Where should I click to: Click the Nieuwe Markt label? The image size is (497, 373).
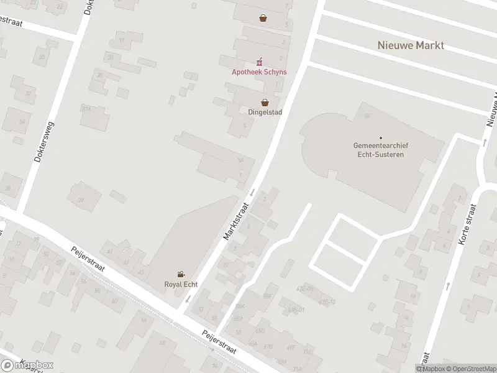[411, 45]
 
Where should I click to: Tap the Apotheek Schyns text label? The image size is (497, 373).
[260, 72]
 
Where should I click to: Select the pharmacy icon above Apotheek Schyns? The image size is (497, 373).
[260, 62]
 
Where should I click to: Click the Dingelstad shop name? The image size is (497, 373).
[265, 113]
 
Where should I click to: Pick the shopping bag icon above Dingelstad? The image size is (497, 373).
[265, 102]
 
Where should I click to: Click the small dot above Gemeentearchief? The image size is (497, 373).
[380, 138]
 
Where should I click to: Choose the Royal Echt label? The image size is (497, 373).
[181, 285]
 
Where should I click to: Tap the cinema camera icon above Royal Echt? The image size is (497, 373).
[181, 274]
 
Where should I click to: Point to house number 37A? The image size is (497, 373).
[86, 108]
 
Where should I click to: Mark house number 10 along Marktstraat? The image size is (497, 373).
[226, 264]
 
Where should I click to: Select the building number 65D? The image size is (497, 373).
[260, 331]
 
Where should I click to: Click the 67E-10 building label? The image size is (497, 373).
[327, 302]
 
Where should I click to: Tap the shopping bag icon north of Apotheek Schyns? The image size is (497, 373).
[263, 18]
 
